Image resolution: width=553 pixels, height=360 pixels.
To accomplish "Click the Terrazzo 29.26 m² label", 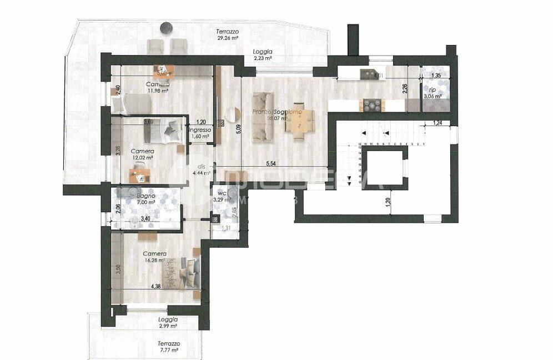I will coord(227,36).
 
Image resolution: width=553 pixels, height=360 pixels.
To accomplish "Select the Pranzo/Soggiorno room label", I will coord(277,114).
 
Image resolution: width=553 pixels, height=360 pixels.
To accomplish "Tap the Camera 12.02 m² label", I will coord(142,154).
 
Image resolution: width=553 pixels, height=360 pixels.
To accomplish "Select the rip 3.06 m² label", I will coord(432,92).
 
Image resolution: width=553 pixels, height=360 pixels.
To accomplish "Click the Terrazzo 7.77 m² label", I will coord(167,346).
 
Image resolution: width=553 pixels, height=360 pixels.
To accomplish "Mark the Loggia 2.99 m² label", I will coord(167,323).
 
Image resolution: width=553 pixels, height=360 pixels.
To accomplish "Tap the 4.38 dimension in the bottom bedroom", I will coord(157,287).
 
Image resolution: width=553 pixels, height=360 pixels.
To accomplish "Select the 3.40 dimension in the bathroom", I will coord(145,219).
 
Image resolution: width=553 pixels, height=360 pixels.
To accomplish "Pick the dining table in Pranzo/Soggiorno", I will coord(300,117).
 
